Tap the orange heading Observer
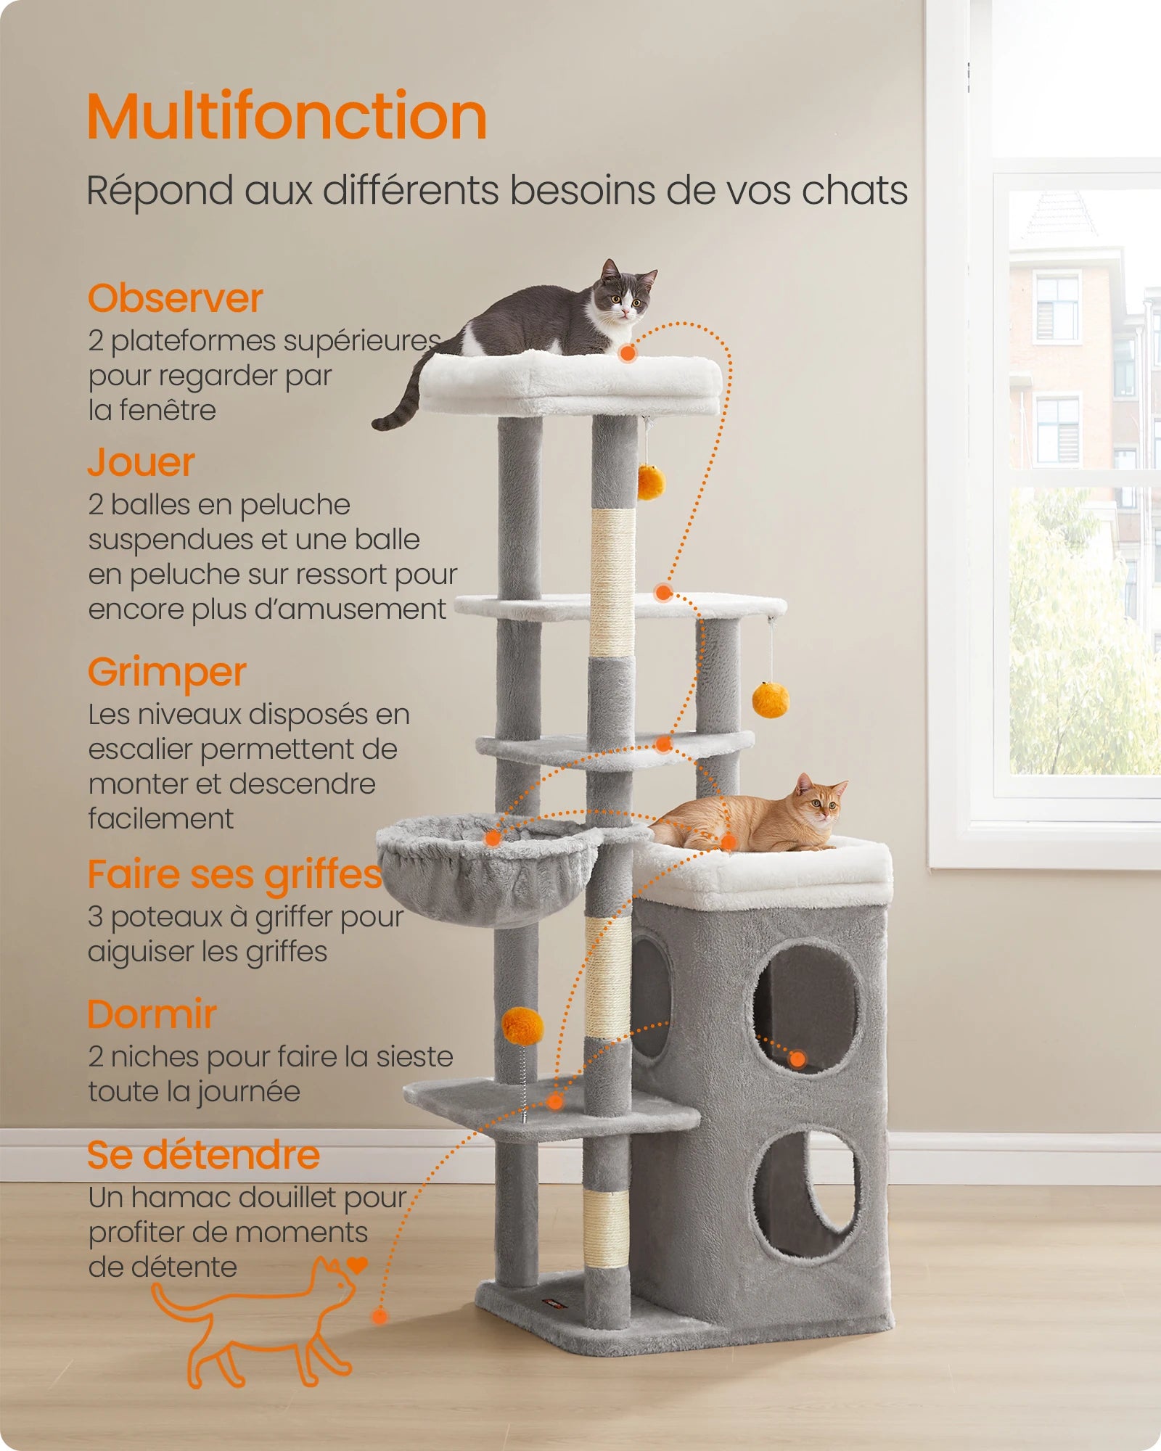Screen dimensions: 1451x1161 175,298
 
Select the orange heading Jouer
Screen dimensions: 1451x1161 141,462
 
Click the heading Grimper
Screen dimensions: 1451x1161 167,672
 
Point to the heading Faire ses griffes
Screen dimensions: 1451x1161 234,874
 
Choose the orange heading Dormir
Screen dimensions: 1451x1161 152,1014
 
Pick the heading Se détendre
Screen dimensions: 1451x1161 203,1154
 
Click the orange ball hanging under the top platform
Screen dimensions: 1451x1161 651,482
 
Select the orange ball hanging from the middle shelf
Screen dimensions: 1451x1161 770,699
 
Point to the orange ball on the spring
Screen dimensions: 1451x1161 522,1025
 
